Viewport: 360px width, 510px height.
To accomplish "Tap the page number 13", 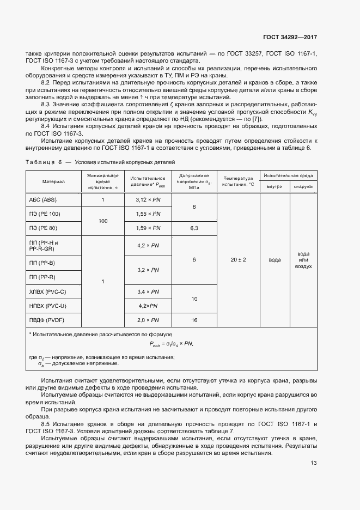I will [313, 463].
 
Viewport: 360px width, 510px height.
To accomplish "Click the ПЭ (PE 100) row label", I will [45, 214].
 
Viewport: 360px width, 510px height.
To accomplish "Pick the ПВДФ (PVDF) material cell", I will [46, 320].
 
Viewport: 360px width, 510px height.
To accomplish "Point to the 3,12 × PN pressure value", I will [148, 200].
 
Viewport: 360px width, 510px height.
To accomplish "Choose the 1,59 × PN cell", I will [148, 228].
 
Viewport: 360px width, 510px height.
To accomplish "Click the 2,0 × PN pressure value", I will [148, 320].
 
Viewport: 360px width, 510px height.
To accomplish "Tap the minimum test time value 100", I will [102, 221].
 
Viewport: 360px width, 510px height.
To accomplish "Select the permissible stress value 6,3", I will [194, 228].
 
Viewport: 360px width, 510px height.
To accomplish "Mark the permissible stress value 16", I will [194, 320].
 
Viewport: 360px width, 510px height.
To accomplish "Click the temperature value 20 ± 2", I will [238, 260].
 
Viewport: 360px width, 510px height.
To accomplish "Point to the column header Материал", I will [53, 181].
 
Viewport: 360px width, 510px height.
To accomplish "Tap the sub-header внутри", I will [274, 187].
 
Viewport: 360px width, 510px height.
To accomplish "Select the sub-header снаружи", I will [303, 187].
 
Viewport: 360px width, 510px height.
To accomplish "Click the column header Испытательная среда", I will [289, 176].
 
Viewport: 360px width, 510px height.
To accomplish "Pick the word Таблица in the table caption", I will [40, 162].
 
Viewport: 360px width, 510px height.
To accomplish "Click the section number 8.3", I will [46, 104].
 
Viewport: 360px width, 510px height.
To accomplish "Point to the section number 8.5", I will [46, 423].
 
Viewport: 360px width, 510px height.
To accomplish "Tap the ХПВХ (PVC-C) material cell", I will [47, 292].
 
